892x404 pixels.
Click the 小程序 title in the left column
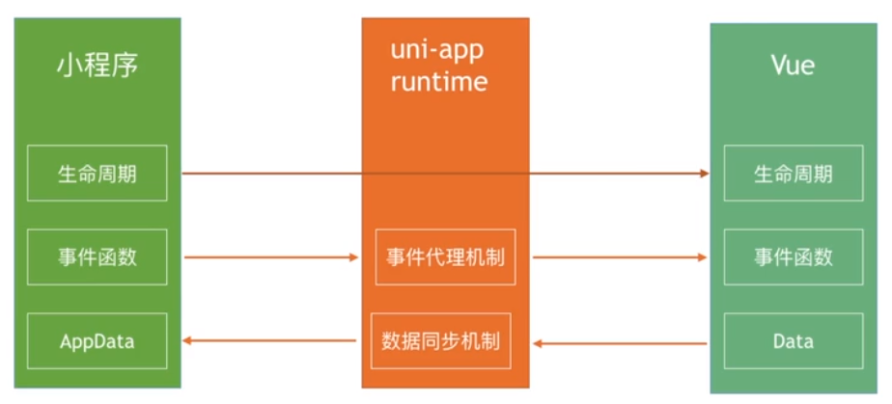[x=97, y=67]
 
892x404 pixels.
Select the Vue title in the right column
[x=792, y=66]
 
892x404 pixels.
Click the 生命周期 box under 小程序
[x=97, y=174]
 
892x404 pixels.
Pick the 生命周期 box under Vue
[x=794, y=174]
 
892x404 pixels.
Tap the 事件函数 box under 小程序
[x=97, y=257]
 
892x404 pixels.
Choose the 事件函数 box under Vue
[x=794, y=257]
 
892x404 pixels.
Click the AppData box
[x=97, y=341]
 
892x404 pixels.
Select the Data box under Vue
[x=794, y=341]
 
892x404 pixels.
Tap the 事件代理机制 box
[x=445, y=257]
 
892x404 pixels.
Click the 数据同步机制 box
[x=441, y=341]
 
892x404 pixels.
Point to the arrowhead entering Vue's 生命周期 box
[x=705, y=174]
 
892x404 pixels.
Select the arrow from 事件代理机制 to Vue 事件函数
[x=620, y=257]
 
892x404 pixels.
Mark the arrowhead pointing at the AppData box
[x=189, y=341]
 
